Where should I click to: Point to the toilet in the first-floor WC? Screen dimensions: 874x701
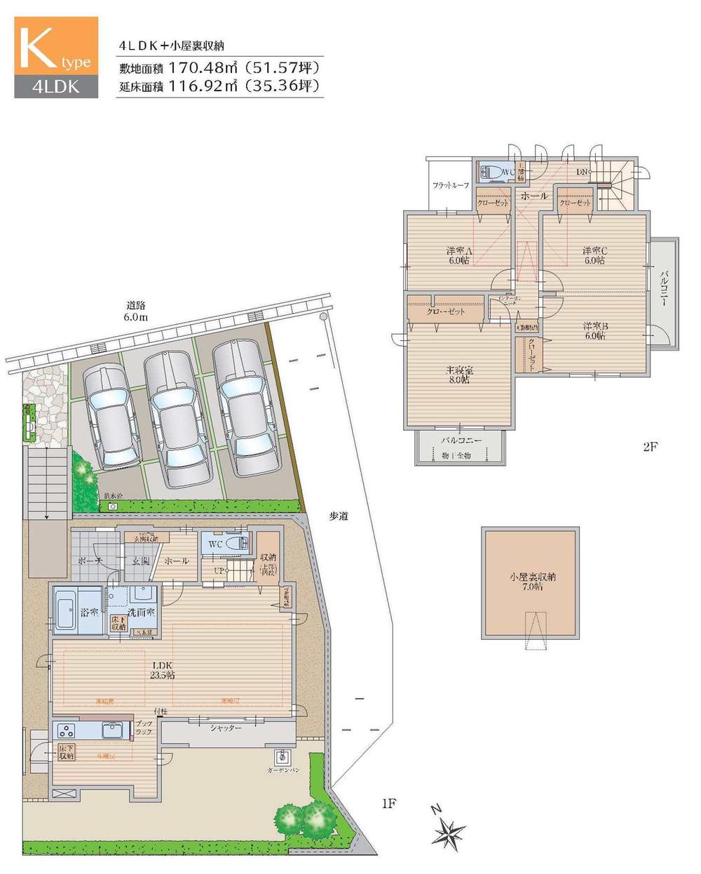pos(235,544)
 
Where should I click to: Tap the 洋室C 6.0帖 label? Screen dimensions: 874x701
pos(594,255)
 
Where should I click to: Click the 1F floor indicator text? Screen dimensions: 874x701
pos(389,804)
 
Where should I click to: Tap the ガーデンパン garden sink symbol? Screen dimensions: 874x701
pos(283,758)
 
